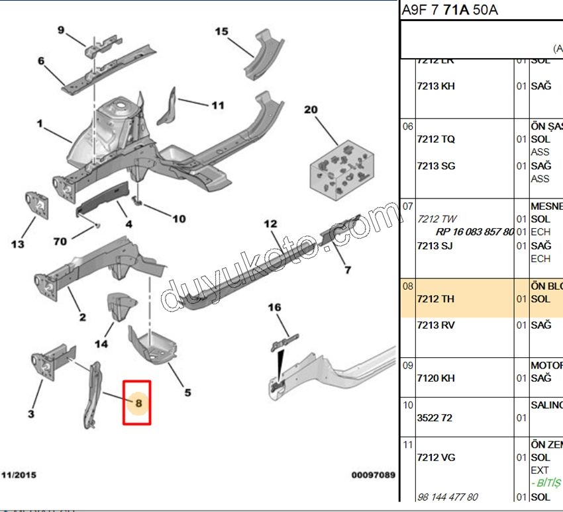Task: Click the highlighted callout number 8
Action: click(138, 402)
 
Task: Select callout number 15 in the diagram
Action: click(221, 31)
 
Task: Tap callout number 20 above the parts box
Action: click(311, 110)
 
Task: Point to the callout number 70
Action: click(60, 242)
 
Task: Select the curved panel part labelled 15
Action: click(260, 58)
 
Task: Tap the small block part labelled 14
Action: click(120, 306)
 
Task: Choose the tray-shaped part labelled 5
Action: click(153, 343)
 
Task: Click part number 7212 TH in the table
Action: click(436, 299)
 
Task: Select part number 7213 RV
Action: click(436, 325)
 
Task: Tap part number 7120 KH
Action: click(436, 378)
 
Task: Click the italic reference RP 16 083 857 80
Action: click(474, 232)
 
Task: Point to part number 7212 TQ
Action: click(436, 140)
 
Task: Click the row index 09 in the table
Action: click(407, 365)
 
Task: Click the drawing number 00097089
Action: click(373, 475)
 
